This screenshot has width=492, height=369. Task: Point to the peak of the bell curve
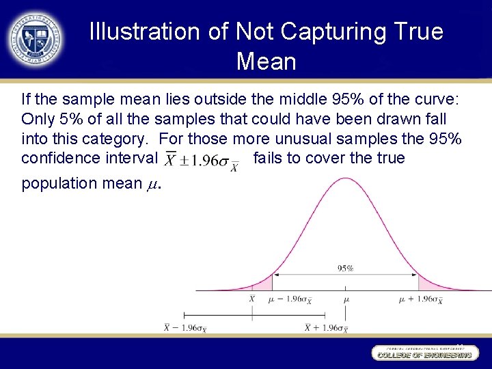346,179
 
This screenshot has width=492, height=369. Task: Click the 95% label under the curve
345,269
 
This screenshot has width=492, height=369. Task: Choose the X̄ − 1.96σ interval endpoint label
185,328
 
